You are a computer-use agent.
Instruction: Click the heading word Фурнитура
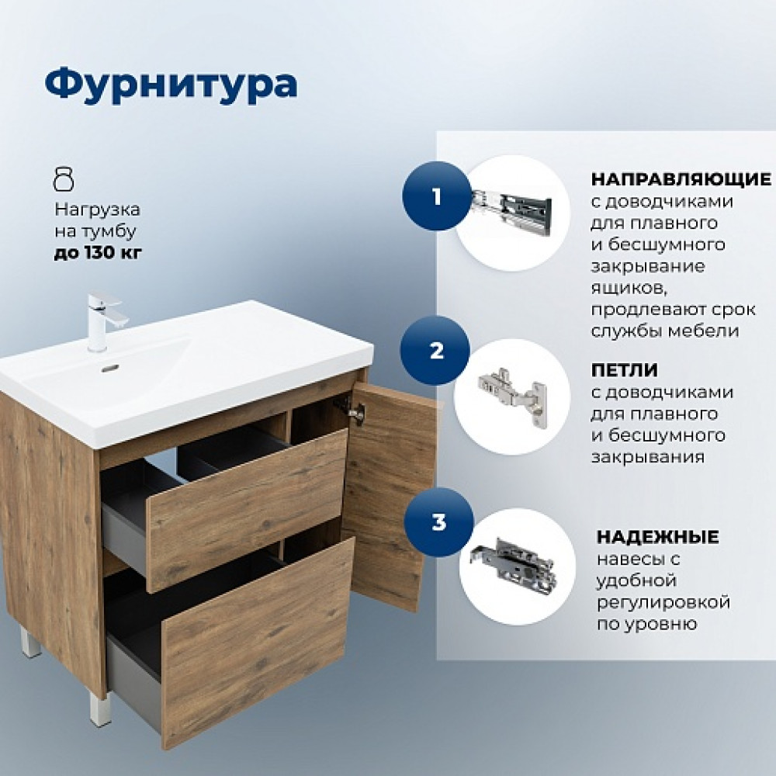coord(171,85)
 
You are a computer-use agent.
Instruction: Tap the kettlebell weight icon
coord(64,179)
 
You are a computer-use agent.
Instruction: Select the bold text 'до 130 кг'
coord(98,252)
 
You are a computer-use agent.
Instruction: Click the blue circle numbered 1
coord(436,196)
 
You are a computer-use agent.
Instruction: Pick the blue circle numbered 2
coord(435,351)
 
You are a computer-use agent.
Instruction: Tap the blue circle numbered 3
coord(439,522)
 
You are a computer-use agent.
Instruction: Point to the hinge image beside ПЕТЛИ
coord(513,396)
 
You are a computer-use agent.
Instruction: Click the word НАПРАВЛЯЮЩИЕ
coord(681,179)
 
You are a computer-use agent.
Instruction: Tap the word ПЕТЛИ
coord(625,369)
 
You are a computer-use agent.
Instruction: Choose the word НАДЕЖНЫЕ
coord(658,537)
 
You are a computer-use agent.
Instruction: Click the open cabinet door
coord(391,496)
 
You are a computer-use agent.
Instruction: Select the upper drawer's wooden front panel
coord(247,510)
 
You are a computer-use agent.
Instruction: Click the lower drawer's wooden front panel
coord(258,640)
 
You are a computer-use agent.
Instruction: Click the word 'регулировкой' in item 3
coord(663,602)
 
